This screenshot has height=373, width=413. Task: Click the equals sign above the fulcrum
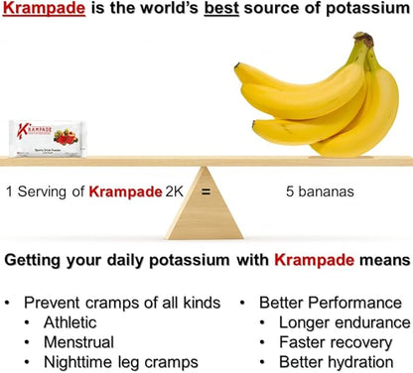206,191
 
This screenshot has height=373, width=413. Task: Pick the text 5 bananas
303,191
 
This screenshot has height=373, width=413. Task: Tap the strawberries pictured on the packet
65,138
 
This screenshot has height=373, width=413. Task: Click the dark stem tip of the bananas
366,40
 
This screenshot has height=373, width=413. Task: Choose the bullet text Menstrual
80,342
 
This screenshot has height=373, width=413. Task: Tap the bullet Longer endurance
344,322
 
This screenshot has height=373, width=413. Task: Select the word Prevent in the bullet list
52,303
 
